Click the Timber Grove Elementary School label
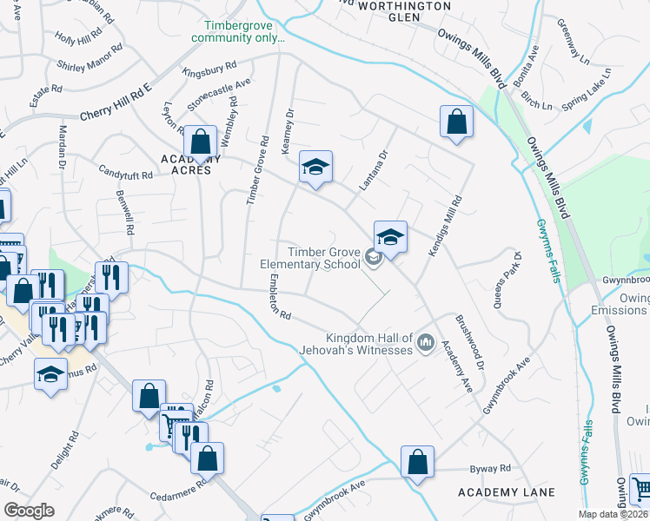coord(310,258)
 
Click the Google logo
coord(29,510)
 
